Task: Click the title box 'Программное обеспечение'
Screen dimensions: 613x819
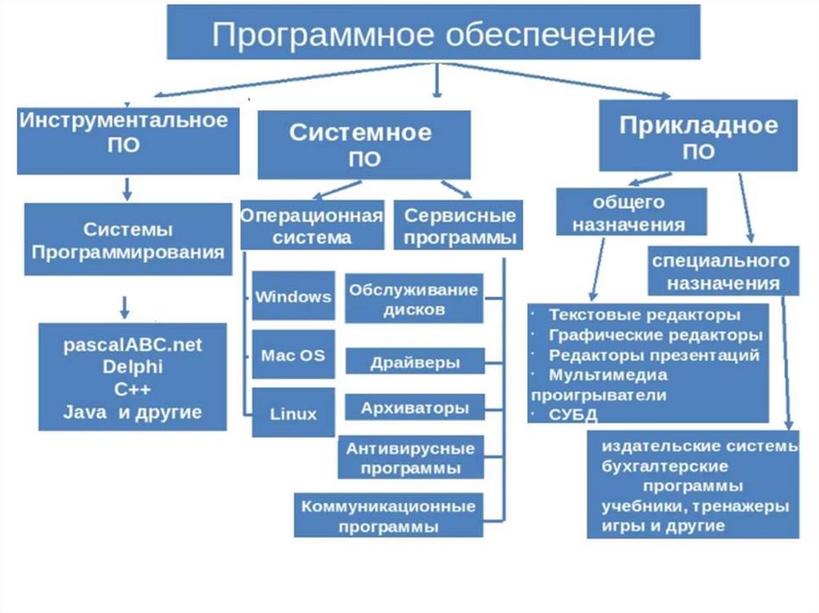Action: tap(433, 33)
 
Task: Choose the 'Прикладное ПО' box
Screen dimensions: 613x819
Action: tap(698, 137)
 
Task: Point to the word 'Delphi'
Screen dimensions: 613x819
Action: tap(133, 368)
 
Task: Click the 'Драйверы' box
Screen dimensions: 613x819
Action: tap(414, 362)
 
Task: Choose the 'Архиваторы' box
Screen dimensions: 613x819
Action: tap(414, 408)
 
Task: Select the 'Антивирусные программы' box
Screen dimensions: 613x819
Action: tap(409, 458)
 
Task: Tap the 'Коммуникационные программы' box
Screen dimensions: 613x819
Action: tap(388, 515)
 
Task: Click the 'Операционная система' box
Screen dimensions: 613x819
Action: tap(312, 226)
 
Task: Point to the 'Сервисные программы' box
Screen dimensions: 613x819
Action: tap(459, 226)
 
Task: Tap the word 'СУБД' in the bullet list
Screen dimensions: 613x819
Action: tap(573, 414)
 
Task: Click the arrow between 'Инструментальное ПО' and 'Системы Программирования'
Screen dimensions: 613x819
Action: tap(126, 189)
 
